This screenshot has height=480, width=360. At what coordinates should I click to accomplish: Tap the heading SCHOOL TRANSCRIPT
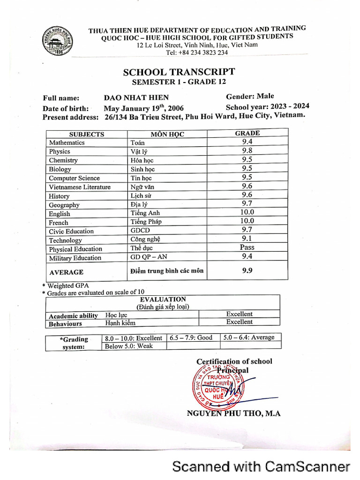179,72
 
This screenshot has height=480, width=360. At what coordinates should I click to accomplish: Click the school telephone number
197,52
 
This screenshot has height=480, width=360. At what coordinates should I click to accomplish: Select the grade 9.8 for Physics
247,150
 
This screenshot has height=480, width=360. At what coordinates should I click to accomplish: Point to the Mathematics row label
67,142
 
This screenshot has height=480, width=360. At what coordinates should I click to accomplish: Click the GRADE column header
247,133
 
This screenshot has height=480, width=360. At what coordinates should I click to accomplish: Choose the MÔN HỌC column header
167,134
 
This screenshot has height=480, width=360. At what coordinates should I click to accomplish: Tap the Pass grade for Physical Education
247,247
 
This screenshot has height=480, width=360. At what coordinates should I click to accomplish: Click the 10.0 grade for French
247,221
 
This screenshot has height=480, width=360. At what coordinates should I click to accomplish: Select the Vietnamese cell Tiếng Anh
145,213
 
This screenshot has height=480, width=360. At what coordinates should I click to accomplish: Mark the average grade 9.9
247,270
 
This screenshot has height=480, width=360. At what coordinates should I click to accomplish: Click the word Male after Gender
265,96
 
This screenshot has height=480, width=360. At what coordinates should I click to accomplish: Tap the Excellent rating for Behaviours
239,322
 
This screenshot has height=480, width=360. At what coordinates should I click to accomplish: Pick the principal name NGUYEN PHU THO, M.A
233,413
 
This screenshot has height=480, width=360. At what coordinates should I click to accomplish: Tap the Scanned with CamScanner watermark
261,466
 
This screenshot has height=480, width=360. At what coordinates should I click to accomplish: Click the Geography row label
64,205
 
